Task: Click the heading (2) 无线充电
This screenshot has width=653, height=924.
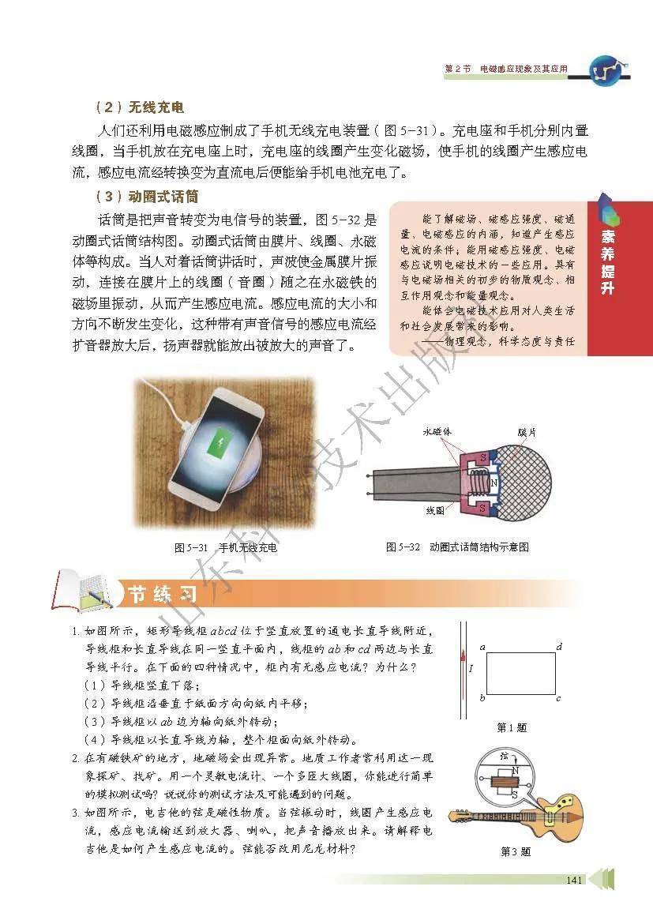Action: coord(140,107)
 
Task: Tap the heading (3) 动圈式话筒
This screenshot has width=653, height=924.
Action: coord(147,197)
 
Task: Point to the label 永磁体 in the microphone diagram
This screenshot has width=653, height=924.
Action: coord(438,431)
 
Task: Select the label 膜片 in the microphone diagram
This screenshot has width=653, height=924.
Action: coord(527,432)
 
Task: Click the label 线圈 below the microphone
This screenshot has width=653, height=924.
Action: coord(435,511)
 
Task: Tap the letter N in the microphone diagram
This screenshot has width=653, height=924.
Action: coord(494,483)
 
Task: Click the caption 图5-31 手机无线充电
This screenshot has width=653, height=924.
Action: coord(226,547)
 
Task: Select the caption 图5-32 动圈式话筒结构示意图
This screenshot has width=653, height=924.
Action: coord(457,547)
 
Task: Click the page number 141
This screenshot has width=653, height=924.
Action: coord(574,880)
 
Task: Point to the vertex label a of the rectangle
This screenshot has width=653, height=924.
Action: coord(482,647)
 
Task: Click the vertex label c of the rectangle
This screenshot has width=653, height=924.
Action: coord(558,699)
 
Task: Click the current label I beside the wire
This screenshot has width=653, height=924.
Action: coord(471,669)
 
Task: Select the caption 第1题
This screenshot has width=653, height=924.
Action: coord(512,728)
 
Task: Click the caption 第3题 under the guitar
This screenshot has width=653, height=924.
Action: coord(515,851)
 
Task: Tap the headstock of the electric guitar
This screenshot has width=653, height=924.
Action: coord(459,817)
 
